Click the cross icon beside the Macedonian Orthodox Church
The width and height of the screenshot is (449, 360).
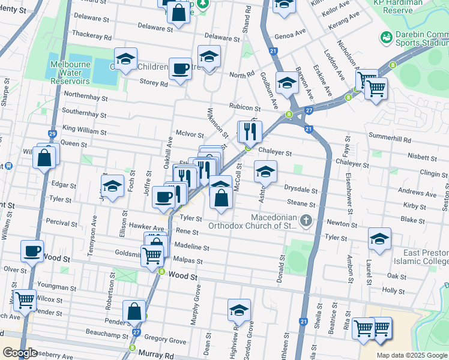(x=306, y=221)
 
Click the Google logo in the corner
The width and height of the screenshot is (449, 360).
(x=20, y=352)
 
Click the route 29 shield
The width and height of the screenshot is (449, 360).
(x=52, y=133)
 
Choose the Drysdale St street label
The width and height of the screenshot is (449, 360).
(x=301, y=190)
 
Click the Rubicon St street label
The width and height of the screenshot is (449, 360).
(x=244, y=109)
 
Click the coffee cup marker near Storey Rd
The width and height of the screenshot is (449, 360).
(x=179, y=68)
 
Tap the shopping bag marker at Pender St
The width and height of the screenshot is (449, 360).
(x=134, y=311)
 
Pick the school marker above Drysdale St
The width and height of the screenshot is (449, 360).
(x=265, y=172)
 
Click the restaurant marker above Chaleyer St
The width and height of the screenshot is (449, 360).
(x=250, y=131)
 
